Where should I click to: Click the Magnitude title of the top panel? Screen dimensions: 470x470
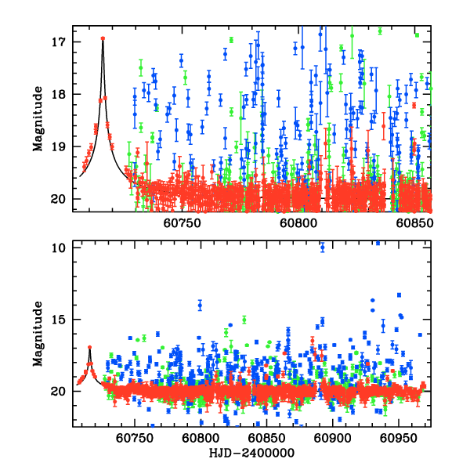click(x=37, y=118)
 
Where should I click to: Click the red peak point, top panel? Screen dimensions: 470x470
click(x=103, y=38)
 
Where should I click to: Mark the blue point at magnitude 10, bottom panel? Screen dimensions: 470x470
click(x=322, y=248)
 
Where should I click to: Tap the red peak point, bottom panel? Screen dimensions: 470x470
click(x=90, y=347)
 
